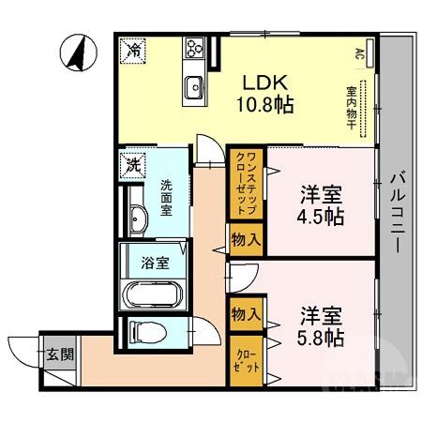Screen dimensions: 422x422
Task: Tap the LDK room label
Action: tap(265, 82)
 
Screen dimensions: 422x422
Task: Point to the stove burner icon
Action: tap(196, 47)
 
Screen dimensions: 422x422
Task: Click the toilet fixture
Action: tap(143, 332)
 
